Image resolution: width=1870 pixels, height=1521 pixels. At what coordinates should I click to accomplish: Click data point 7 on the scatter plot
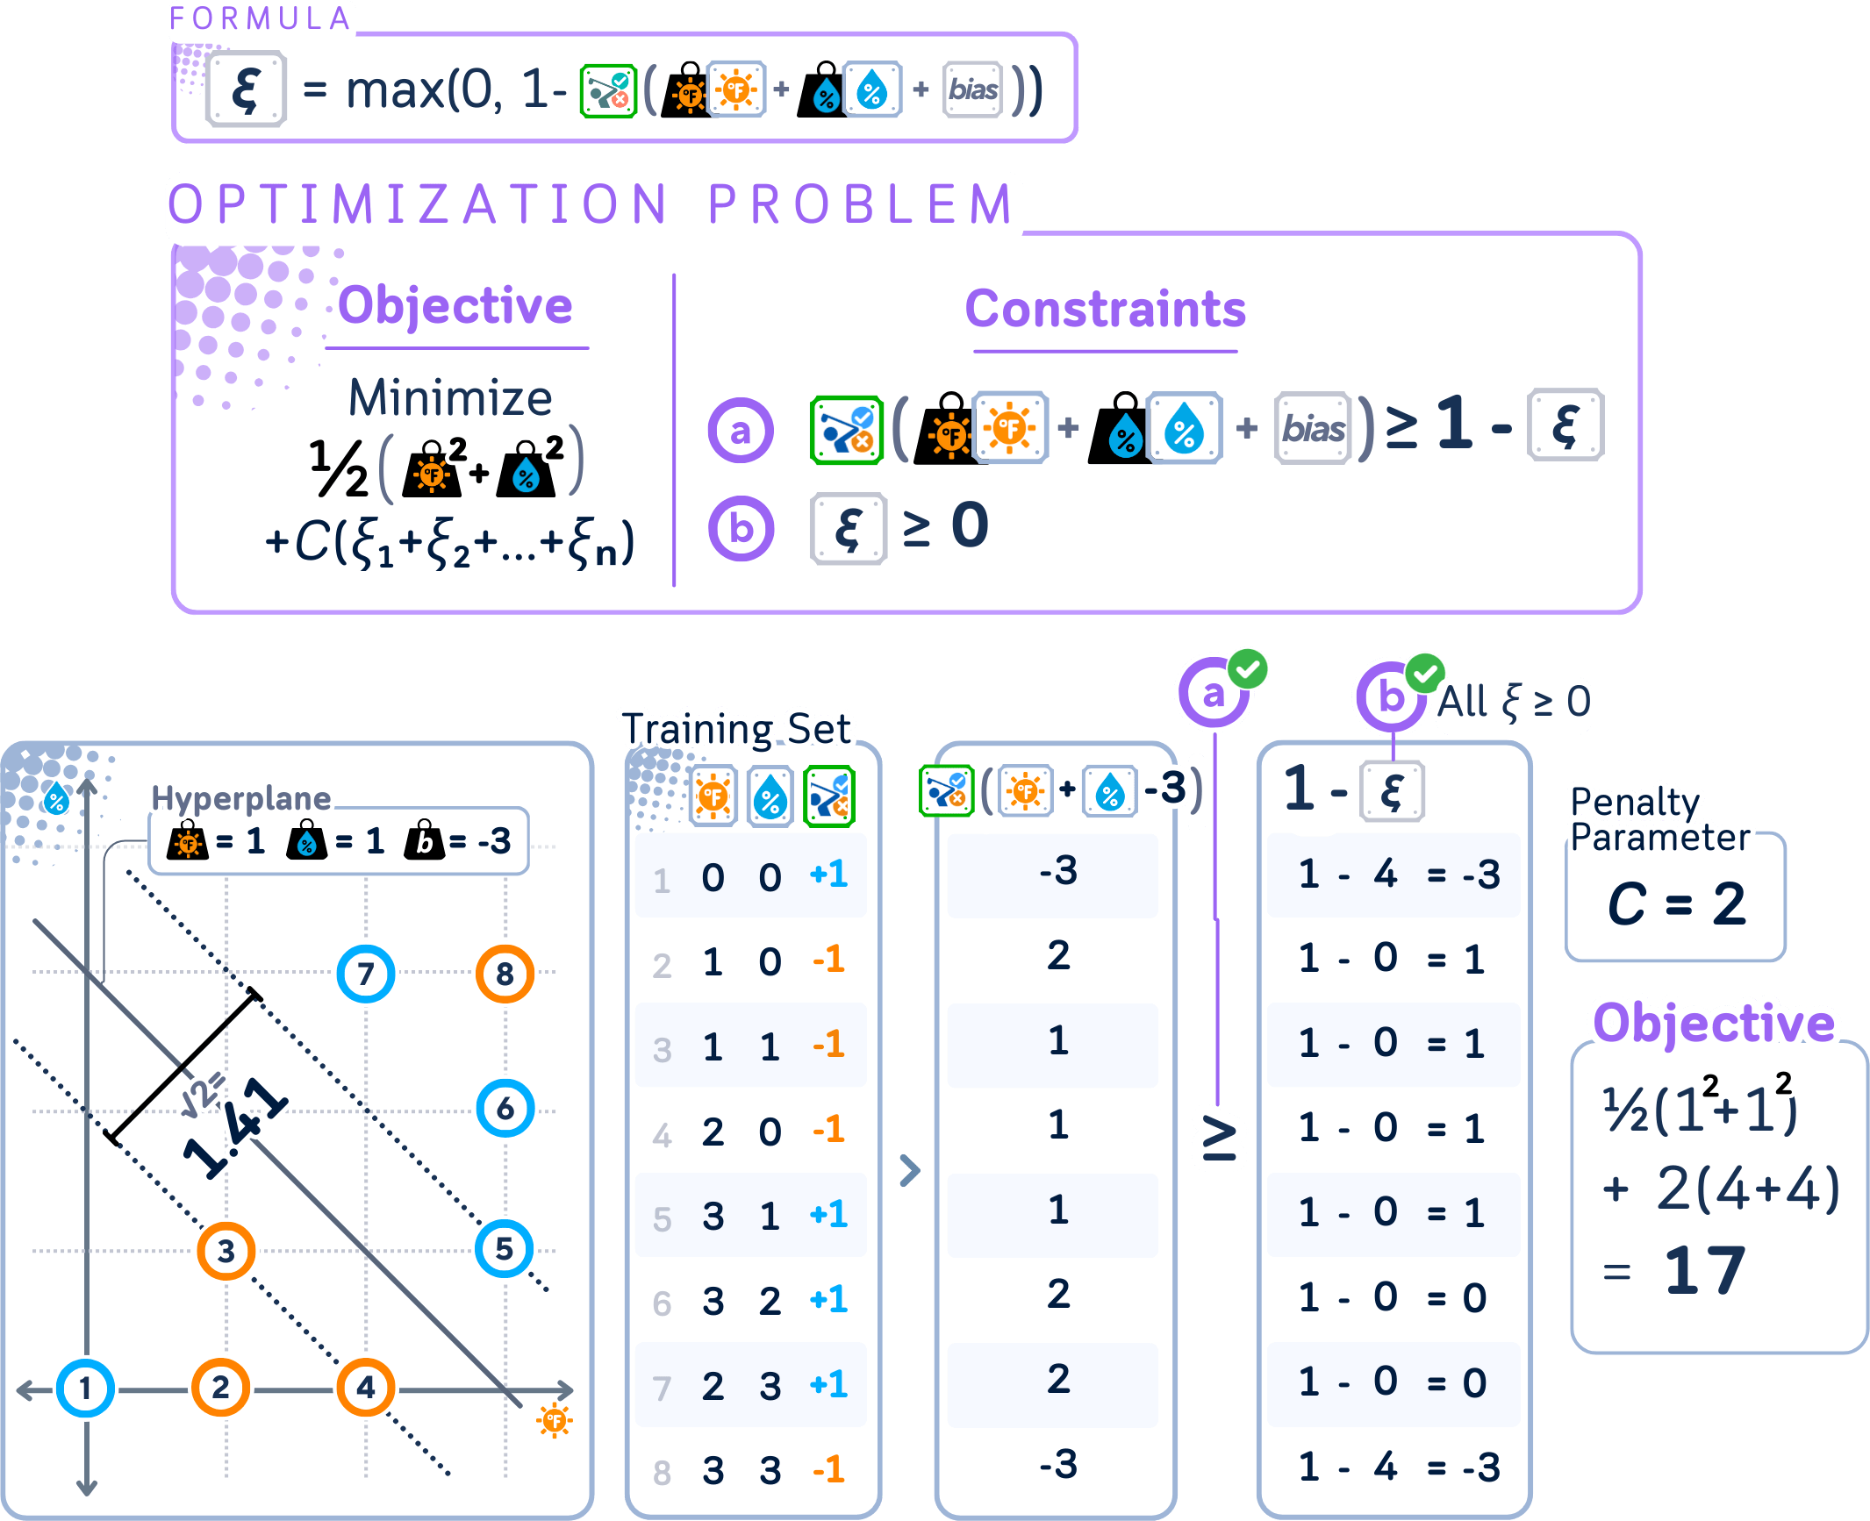point(366,974)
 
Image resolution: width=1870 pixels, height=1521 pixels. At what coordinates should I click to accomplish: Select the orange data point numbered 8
point(505,974)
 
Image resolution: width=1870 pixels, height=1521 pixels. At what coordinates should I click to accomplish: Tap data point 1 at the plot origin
point(85,1388)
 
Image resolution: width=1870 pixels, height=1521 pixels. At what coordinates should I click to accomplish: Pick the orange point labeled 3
point(226,1251)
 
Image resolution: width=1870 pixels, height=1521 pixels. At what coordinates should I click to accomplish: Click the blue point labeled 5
point(505,1248)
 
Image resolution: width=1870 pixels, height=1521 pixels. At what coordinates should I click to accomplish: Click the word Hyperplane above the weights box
point(240,798)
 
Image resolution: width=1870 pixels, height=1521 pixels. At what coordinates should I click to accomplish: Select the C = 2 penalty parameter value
point(1675,903)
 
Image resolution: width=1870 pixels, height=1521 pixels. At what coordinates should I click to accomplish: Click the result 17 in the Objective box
point(1704,1270)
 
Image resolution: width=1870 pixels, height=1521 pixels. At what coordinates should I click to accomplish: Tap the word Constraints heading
point(1105,309)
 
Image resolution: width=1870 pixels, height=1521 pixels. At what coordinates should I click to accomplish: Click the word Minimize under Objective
point(450,398)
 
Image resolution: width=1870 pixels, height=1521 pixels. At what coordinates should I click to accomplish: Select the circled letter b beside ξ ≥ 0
point(742,529)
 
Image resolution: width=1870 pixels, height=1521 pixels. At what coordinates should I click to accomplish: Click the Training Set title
point(737,728)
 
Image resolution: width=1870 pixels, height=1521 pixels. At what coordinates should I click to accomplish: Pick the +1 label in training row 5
point(828,1215)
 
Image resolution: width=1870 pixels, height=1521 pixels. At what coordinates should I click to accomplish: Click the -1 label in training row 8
point(828,1469)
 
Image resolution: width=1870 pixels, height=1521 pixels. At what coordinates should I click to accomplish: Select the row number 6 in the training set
point(662,1303)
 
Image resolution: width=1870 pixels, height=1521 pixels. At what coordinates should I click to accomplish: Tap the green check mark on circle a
point(1247,671)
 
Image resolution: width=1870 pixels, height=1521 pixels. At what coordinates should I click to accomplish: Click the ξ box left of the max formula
point(247,89)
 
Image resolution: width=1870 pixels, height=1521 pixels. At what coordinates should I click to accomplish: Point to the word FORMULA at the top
point(261,18)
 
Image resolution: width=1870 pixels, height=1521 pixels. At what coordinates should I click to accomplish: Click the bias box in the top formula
point(972,89)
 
